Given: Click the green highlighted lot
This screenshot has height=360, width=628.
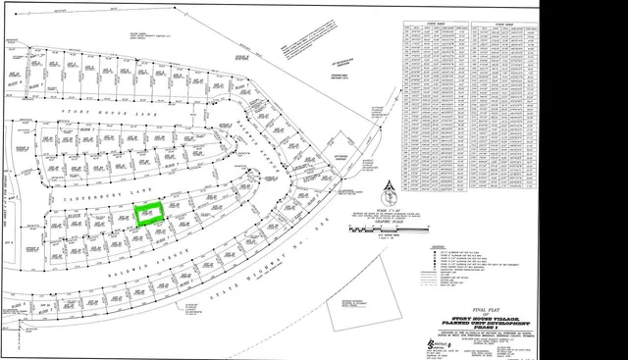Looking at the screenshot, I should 150,216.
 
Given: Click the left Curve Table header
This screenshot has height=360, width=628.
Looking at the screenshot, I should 433,22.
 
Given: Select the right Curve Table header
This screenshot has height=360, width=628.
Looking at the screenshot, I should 506,22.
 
